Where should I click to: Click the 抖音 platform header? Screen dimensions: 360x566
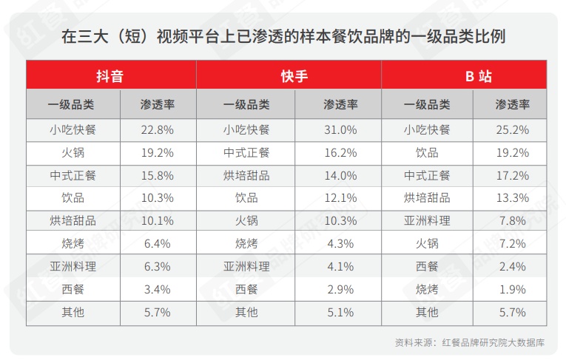pos(110,76)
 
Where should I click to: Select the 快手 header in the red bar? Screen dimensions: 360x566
pos(294,76)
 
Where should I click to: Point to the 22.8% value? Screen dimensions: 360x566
pos(157,130)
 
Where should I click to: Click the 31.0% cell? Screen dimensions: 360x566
pos(341,130)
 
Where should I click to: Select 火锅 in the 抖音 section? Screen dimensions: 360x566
pos(73,153)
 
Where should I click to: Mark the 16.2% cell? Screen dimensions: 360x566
pos(341,153)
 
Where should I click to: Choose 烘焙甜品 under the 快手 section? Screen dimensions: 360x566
pos(246,175)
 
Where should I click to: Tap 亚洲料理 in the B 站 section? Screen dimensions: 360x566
pos(427,220)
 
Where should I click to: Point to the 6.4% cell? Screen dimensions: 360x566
pos(157,243)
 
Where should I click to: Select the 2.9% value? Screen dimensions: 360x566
pos(341,289)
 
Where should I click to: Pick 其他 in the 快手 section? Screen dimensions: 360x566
pos(246,312)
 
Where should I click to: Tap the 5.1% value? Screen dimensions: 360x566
pos(341,312)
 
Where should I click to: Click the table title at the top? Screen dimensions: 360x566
pos(283,36)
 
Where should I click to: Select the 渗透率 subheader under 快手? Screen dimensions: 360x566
pos(341,105)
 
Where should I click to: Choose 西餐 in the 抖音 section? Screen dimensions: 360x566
pos(73,289)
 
